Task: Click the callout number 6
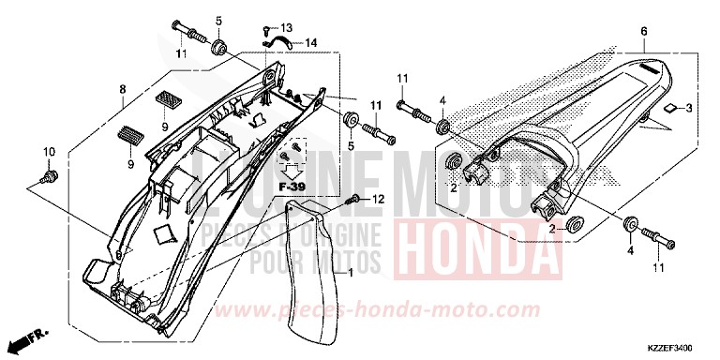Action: click(645, 31)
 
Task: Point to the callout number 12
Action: click(379, 200)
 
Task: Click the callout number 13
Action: click(287, 27)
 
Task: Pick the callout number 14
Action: click(311, 42)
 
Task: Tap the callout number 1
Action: click(351, 273)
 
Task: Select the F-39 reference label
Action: click(295, 188)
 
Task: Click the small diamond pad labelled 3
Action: click(667, 109)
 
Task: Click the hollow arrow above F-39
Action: click(295, 170)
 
